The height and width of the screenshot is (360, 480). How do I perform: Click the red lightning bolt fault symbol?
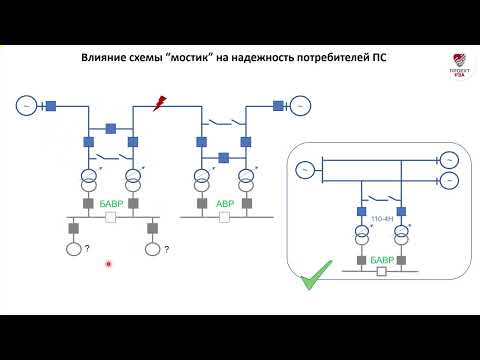click(158, 102)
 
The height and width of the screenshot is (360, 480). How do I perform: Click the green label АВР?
click(225, 203)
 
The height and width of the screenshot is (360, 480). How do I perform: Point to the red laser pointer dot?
click(109, 264)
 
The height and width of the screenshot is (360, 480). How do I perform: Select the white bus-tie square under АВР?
click(225, 217)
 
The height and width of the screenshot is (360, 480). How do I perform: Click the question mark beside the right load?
click(168, 249)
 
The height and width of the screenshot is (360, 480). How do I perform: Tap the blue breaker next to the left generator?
click(49, 104)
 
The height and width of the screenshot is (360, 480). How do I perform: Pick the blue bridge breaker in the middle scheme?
click(224, 156)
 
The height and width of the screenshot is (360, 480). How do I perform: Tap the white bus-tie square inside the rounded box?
click(381, 271)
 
